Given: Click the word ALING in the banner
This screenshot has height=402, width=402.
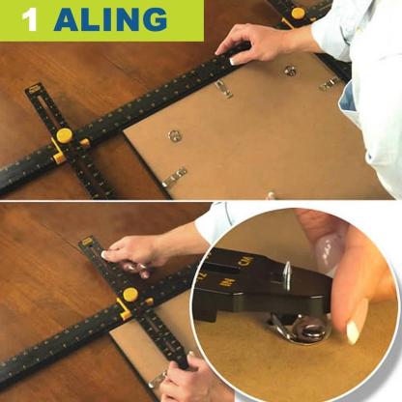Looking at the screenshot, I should (x=110, y=19).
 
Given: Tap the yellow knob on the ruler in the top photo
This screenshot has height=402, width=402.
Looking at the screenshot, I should (x=65, y=134).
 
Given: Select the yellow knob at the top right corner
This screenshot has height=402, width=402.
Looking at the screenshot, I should (x=298, y=13).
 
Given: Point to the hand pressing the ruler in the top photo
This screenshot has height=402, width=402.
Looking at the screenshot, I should (x=253, y=44).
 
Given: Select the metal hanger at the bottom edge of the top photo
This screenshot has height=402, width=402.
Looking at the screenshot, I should (x=175, y=177).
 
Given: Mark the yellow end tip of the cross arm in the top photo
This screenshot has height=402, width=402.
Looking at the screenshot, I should (x=34, y=89).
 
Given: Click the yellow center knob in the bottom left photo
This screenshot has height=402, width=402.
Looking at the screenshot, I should (x=129, y=294).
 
